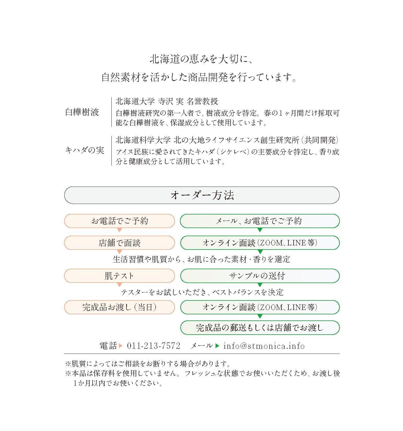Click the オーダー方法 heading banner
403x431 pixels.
tap(202, 195)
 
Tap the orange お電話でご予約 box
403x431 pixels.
tap(119, 221)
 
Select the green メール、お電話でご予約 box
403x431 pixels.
tap(260, 221)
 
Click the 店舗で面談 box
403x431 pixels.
tap(119, 243)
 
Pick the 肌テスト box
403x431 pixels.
tap(119, 276)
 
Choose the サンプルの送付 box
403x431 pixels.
tap(260, 276)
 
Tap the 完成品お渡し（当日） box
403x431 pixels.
tap(119, 307)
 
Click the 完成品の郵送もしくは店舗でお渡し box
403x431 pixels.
tap(260, 328)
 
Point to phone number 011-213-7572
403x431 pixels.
tap(153, 346)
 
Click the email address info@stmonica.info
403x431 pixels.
tap(264, 346)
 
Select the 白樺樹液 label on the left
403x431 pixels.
tap(82, 112)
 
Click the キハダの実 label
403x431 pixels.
tap(84, 150)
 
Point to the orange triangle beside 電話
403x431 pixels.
tap(121, 346)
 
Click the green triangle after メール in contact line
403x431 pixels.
tap(217, 346)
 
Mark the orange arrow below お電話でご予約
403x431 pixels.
tap(119, 230)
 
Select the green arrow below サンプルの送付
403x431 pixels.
tap(260, 285)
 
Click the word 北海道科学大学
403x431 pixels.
tap(143, 140)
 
